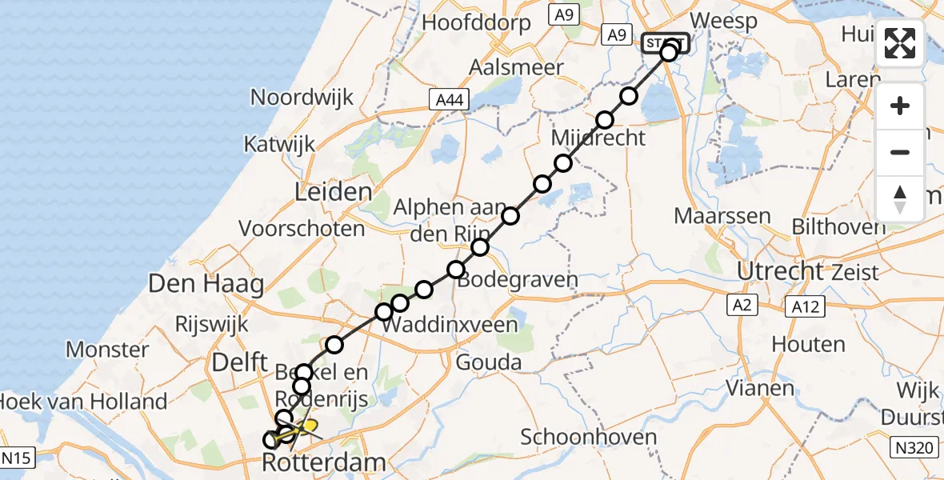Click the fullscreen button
pos(900,43)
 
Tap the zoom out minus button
pos(900,152)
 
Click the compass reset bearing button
pos(900,198)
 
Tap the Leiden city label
pos(334,192)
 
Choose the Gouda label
pos(488,362)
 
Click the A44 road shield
pos(448,100)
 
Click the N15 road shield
pos(15,458)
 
